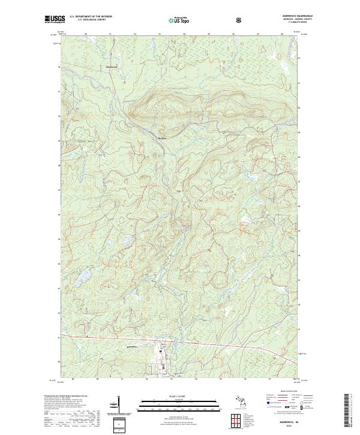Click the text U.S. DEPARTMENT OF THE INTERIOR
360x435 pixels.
click(91, 17)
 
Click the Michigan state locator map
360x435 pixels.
click(239, 401)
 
